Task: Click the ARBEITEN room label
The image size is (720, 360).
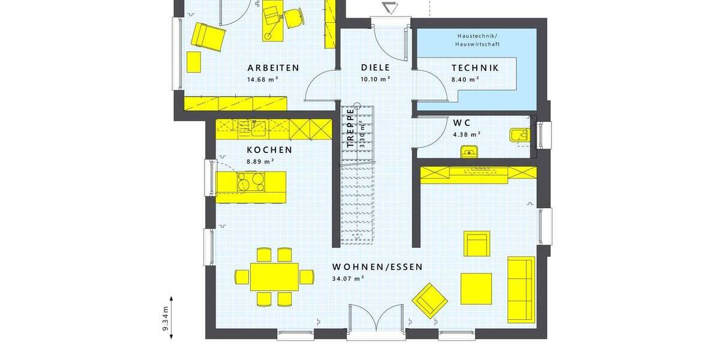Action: pyautogui.click(x=273, y=68)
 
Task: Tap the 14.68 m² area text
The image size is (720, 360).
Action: pyautogui.click(x=263, y=79)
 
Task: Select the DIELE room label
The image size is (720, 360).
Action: pyautogui.click(x=375, y=68)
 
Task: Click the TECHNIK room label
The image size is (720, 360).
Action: pyautogui.click(x=475, y=68)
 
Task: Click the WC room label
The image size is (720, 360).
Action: pyautogui.click(x=462, y=123)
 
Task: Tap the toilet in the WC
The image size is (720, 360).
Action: pyautogui.click(x=519, y=136)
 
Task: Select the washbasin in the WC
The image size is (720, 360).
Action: pyautogui.click(x=469, y=151)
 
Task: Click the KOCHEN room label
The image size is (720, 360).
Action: pyautogui.click(x=269, y=150)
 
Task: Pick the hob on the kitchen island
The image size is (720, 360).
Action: pyautogui.click(x=251, y=181)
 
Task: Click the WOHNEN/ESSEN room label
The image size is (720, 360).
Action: pyautogui.click(x=377, y=267)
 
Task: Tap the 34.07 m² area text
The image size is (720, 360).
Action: pyautogui.click(x=348, y=278)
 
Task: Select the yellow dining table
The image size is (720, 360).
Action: pyautogui.click(x=274, y=277)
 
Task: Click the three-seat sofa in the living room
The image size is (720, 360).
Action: pyautogui.click(x=521, y=289)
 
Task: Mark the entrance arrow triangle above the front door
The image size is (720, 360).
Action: pyautogui.click(x=389, y=8)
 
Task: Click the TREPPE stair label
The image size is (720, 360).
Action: pyautogui.click(x=350, y=127)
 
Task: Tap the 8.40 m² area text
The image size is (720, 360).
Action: pyautogui.click(x=465, y=79)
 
